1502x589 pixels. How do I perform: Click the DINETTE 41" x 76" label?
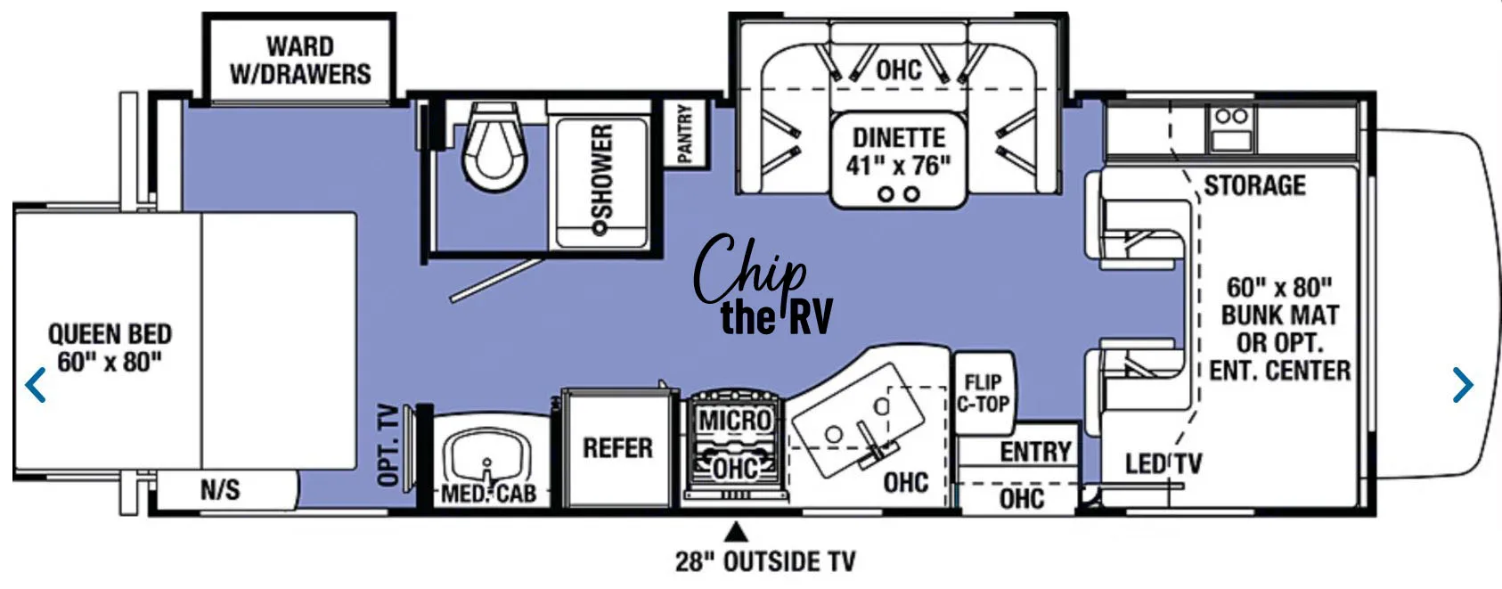(898, 151)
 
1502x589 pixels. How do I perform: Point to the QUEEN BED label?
(110, 348)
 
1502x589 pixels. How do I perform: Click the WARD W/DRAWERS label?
(300, 60)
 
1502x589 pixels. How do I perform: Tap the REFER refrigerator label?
(617, 447)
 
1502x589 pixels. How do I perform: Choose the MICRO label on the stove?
(734, 421)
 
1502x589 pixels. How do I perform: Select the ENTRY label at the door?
(1034, 452)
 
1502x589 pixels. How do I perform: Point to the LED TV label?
(1163, 463)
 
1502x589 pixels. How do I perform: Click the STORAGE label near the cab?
(1254, 185)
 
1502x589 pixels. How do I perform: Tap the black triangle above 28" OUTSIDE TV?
(736, 533)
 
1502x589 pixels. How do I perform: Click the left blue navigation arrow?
(36, 385)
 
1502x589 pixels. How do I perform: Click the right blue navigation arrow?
(1462, 385)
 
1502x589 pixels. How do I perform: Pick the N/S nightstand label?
(219, 489)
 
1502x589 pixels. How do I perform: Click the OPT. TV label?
(388, 446)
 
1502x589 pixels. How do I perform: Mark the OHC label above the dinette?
(898, 70)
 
